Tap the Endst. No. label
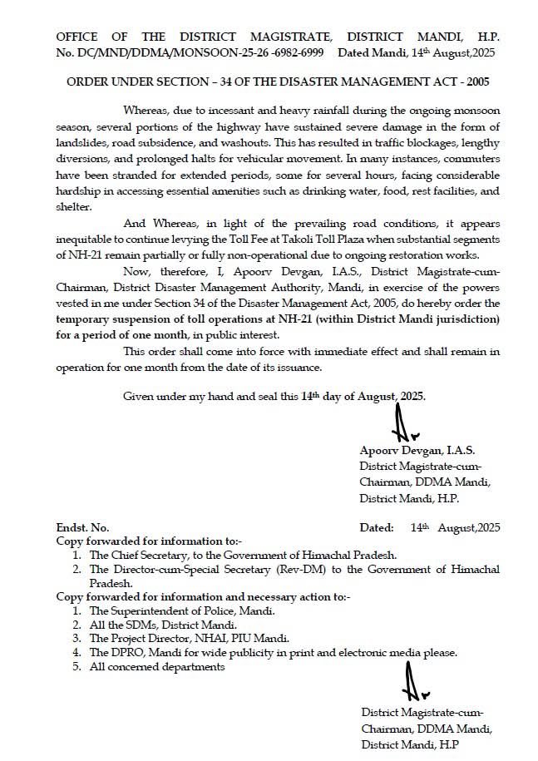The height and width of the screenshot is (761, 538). [x=82, y=527]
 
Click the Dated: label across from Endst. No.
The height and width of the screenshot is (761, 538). [x=376, y=527]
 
